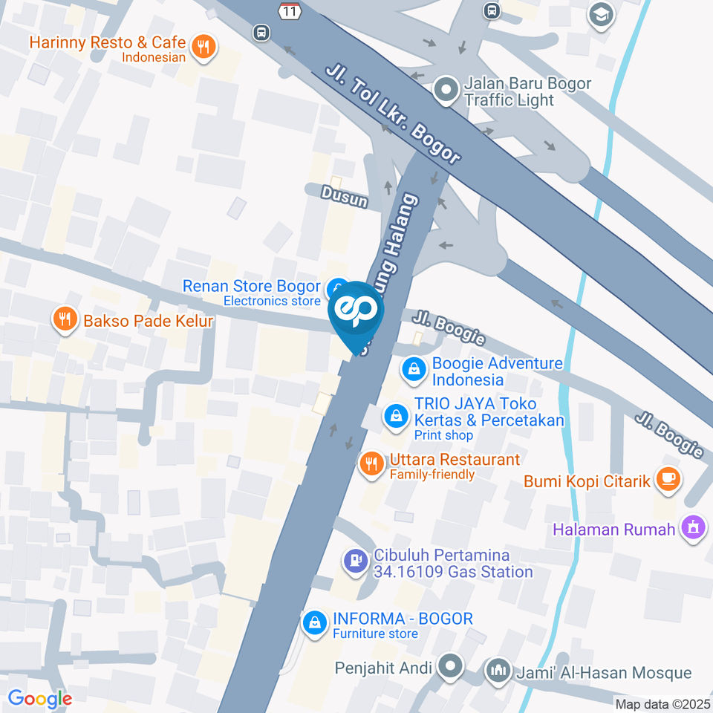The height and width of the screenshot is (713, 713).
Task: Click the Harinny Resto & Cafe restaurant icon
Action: (202, 48)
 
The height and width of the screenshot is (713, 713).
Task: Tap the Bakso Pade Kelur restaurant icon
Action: (65, 320)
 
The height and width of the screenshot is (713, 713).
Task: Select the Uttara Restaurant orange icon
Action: (371, 464)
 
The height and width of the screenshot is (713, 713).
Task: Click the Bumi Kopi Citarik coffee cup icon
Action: (668, 479)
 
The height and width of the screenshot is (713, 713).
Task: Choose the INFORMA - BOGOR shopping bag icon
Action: (315, 622)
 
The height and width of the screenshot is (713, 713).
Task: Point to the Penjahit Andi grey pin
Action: (449, 667)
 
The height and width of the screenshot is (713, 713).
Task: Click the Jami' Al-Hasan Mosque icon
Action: (497, 671)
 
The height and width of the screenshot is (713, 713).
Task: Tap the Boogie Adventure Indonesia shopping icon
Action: (414, 369)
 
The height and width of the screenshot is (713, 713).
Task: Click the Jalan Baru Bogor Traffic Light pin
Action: (446, 91)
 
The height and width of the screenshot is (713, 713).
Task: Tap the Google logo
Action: (39, 698)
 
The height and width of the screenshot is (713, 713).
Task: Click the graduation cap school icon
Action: (600, 15)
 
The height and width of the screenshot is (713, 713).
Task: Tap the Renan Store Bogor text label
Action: (251, 286)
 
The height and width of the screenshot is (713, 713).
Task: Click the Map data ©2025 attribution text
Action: (662, 703)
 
